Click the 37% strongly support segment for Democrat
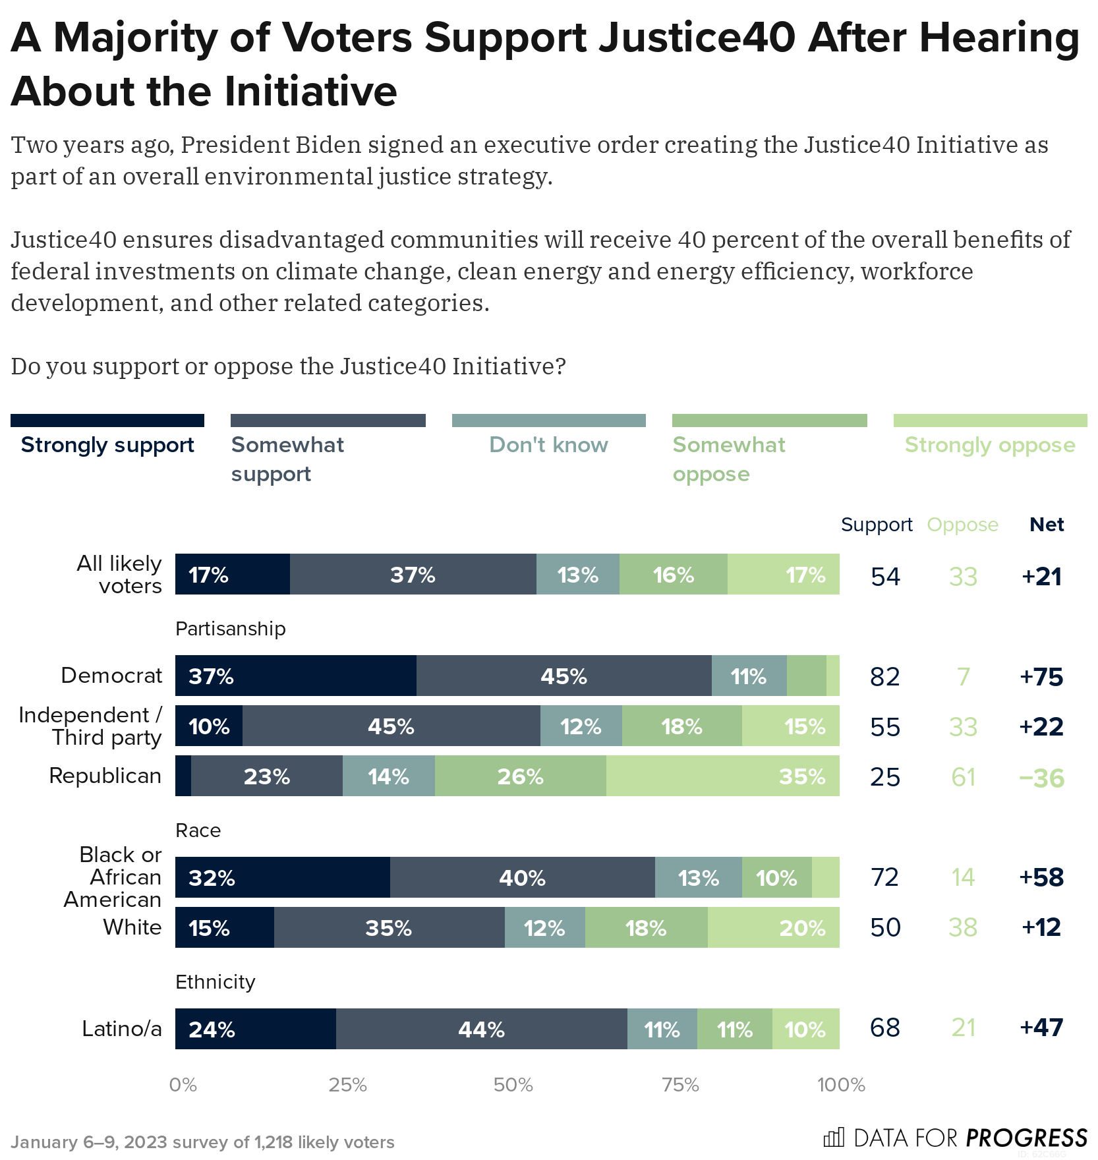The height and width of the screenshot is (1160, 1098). pyautogui.click(x=295, y=676)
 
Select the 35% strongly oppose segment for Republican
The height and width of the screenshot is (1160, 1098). pyautogui.click(x=722, y=776)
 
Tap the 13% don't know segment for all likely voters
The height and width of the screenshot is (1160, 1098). pyautogui.click(x=577, y=574)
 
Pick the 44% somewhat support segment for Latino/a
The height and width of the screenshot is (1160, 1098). pyautogui.click(x=481, y=1029)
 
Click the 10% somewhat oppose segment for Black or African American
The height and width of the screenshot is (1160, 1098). pyautogui.click(x=776, y=877)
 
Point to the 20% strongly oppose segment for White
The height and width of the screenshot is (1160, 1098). pyautogui.click(x=773, y=927)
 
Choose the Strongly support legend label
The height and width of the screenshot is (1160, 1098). pyautogui.click(x=107, y=445)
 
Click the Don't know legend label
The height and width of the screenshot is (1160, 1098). pyautogui.click(x=548, y=445)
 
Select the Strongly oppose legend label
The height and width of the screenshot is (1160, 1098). pyautogui.click(x=989, y=445)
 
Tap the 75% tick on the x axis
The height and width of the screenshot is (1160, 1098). pyautogui.click(x=680, y=1085)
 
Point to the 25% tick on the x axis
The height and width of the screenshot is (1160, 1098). pyautogui.click(x=347, y=1085)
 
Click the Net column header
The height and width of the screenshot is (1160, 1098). pyautogui.click(x=1047, y=525)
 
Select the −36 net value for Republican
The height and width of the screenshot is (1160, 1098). pyautogui.click(x=1041, y=778)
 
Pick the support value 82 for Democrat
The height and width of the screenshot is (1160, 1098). pyautogui.click(x=884, y=677)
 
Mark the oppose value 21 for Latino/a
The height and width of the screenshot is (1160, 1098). pyautogui.click(x=963, y=1028)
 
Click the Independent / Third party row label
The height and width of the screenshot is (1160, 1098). pyautogui.click(x=90, y=726)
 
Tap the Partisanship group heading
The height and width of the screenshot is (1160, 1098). pyautogui.click(x=230, y=629)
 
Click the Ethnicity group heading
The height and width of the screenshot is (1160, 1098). pyautogui.click(x=215, y=982)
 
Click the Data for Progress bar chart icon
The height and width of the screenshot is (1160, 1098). pyautogui.click(x=834, y=1138)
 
